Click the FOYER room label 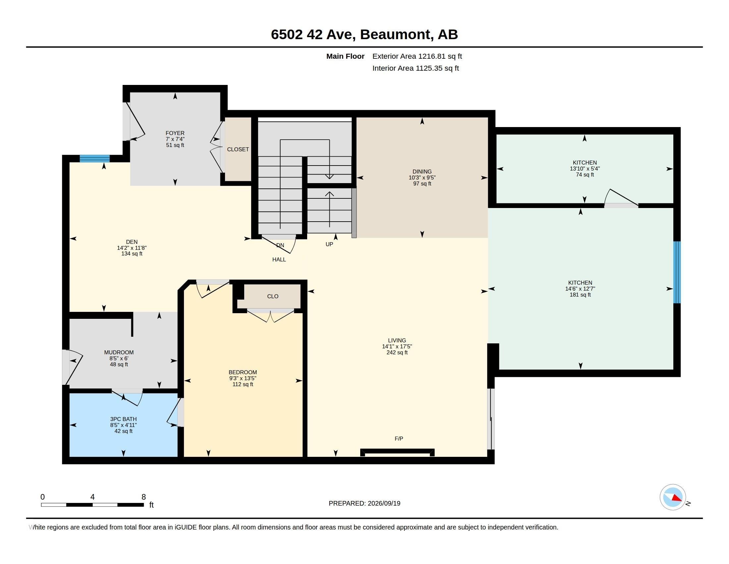(x=175, y=133)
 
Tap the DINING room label (x=422, y=172)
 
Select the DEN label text (x=132, y=242)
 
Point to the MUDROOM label (x=119, y=352)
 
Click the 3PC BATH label (x=124, y=419)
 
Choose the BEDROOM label (x=243, y=372)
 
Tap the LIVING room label (x=397, y=340)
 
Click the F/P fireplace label (x=399, y=439)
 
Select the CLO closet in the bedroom (x=273, y=296)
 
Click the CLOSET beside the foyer (x=238, y=149)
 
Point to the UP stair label (x=329, y=244)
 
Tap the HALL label (x=279, y=260)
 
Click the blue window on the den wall (x=95, y=158)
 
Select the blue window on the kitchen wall (x=677, y=272)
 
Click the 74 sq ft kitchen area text (x=585, y=175)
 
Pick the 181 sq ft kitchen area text (x=580, y=295)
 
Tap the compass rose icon (x=673, y=497)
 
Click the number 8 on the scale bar (x=144, y=497)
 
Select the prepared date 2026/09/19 (x=384, y=504)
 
